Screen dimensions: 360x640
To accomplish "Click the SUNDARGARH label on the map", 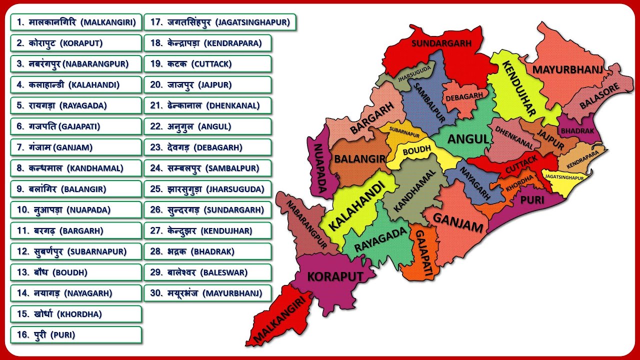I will (441, 43).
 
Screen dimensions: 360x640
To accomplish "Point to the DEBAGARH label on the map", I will (464, 96).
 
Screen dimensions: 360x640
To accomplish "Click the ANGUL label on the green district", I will (467, 139).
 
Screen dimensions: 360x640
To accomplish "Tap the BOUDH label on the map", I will (416, 150).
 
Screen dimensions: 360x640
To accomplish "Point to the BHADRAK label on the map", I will (577, 130).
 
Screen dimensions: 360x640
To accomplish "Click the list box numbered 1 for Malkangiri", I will (76, 22).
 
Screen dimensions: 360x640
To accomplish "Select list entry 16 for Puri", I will (76, 335).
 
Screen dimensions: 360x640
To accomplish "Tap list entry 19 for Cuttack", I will (207, 64).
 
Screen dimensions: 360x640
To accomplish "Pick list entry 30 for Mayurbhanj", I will (207, 293).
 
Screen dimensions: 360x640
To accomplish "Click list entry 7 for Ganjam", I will (76, 147).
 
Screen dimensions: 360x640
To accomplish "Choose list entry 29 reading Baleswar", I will (207, 272).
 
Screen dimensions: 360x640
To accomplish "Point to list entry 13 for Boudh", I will (76, 272).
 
